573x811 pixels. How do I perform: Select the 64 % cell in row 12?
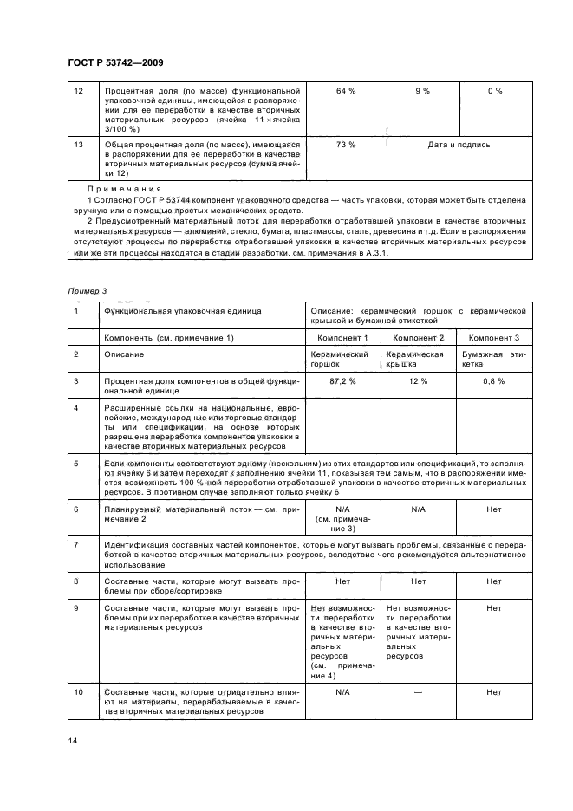pyautogui.click(x=346, y=91)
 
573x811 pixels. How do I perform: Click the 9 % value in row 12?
pyautogui.click(x=421, y=91)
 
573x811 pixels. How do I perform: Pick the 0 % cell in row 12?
pyautogui.click(x=495, y=91)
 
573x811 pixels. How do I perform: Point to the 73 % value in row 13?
pyautogui.click(x=346, y=145)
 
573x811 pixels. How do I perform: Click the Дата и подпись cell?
pyautogui.click(x=459, y=145)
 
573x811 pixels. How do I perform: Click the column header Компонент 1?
pyautogui.click(x=346, y=336)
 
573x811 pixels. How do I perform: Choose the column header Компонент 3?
pyautogui.click(x=495, y=336)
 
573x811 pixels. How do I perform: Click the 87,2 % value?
pyautogui.click(x=346, y=380)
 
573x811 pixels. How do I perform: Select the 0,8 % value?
pyautogui.click(x=495, y=380)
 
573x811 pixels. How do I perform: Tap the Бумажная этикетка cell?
pyautogui.click(x=495, y=360)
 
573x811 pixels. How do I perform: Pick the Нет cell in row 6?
pyautogui.click(x=495, y=509)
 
